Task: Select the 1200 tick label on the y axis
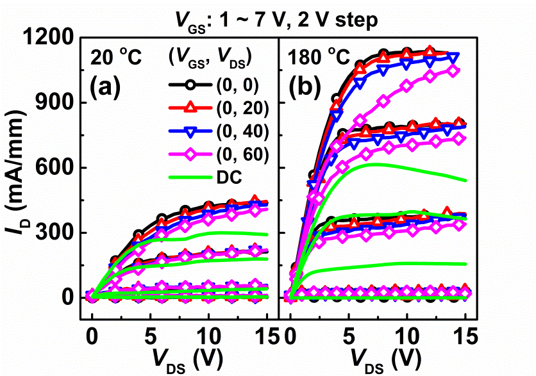[x=51, y=38]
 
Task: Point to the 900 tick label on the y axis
[x=57, y=103]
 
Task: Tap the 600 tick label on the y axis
[x=57, y=168]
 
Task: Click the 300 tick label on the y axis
[x=57, y=233]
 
